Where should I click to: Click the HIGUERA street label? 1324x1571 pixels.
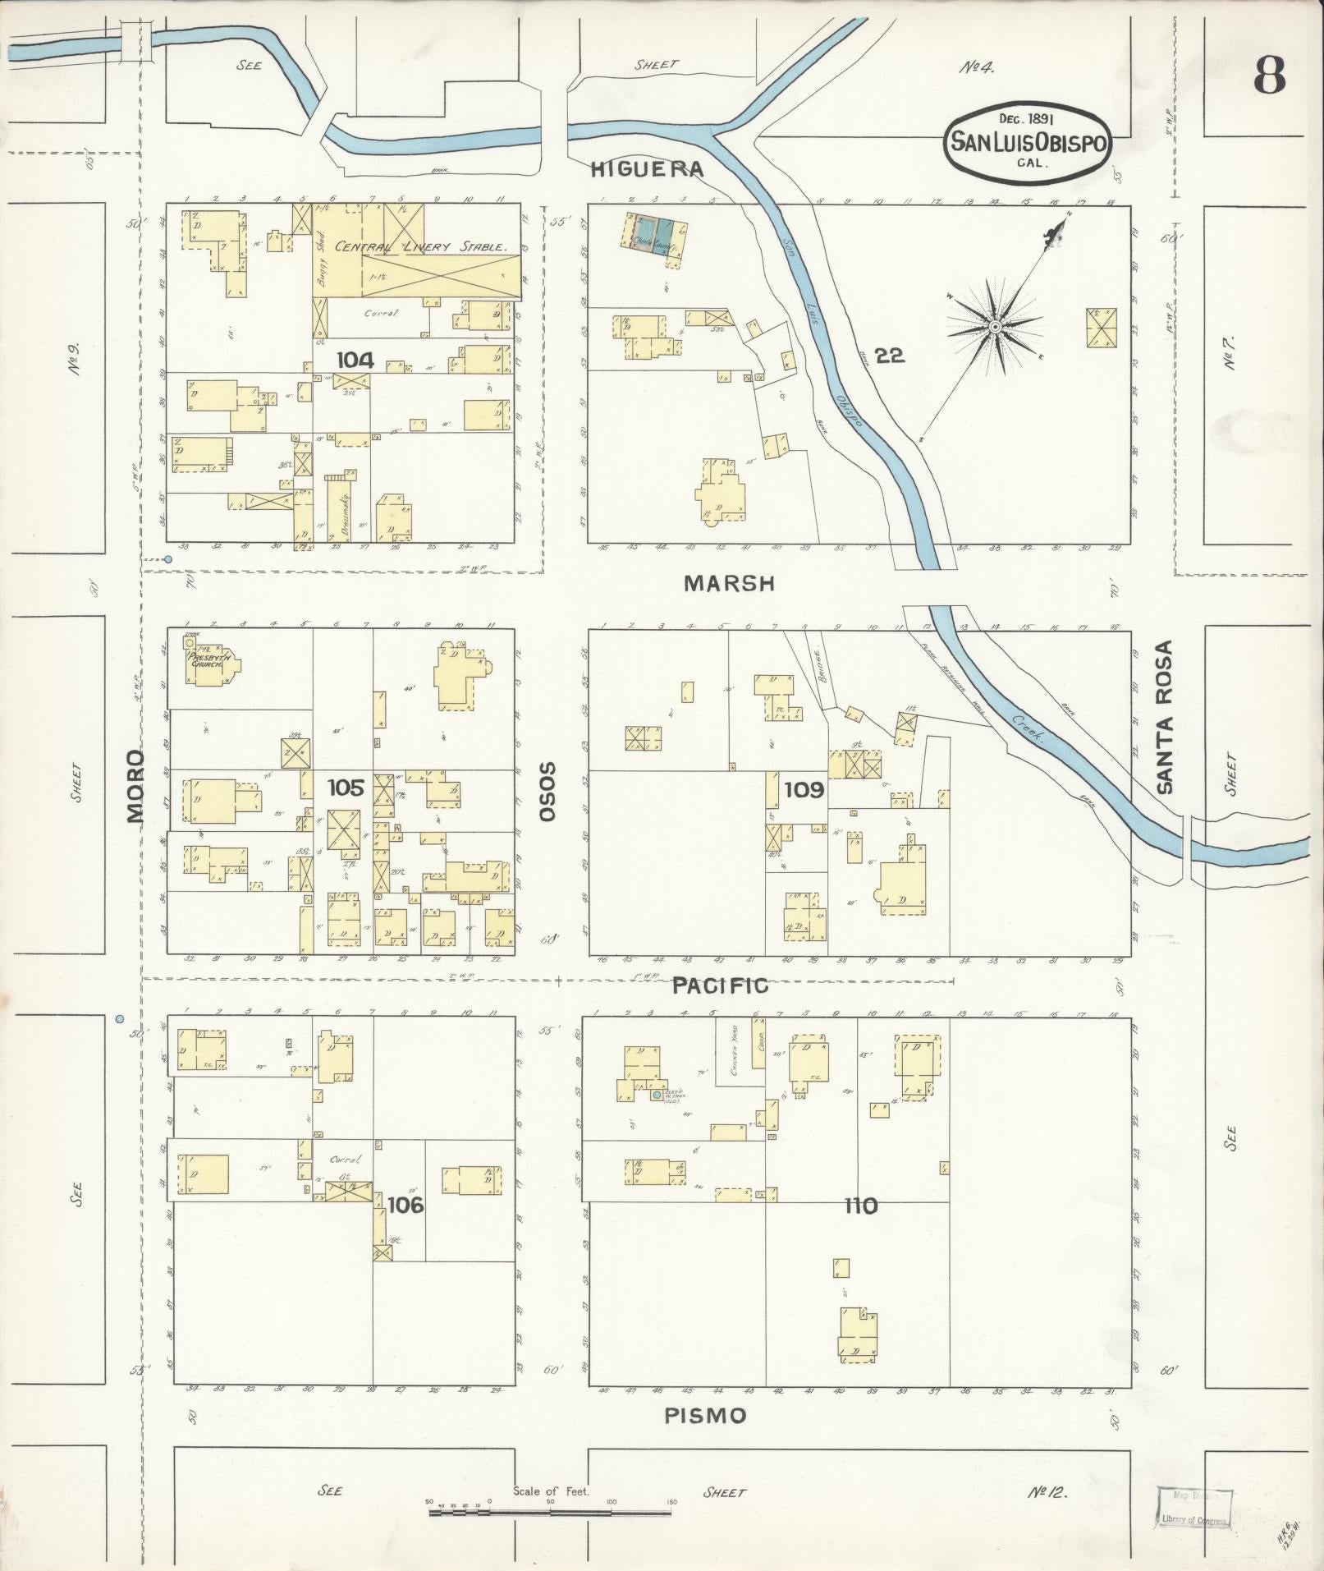pyautogui.click(x=648, y=169)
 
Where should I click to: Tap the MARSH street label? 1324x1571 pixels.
pyautogui.click(x=729, y=584)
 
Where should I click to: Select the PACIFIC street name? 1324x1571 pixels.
pyautogui.click(x=720, y=986)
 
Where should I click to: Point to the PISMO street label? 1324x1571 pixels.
pyautogui.click(x=705, y=1416)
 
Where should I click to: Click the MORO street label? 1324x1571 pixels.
pyautogui.click(x=135, y=786)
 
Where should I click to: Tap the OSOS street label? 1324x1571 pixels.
pyautogui.click(x=547, y=791)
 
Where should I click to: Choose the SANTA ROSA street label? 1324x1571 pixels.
pyautogui.click(x=1165, y=717)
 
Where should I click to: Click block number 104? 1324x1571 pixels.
pyautogui.click(x=355, y=360)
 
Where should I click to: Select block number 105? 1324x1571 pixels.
pyautogui.click(x=345, y=788)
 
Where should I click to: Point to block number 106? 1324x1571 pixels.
pyautogui.click(x=405, y=1205)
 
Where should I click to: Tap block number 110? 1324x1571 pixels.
pyautogui.click(x=859, y=1206)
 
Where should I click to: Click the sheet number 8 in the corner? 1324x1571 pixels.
pyautogui.click(x=1268, y=78)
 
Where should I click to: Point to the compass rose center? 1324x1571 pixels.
pyautogui.click(x=994, y=328)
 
